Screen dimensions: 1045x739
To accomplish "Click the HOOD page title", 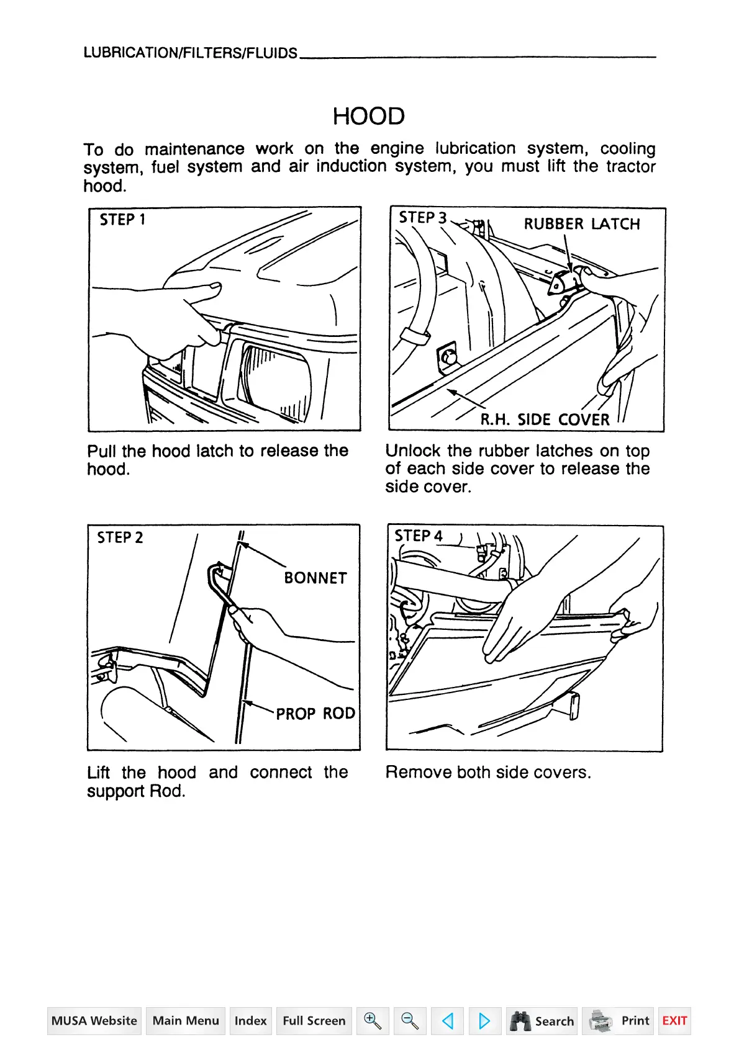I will (368, 116).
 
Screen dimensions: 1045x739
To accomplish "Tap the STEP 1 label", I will (122, 220).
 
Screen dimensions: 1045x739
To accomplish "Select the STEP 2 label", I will (120, 537).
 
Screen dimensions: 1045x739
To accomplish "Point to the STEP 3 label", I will (422, 218).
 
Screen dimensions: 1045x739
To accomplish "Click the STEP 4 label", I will (419, 536).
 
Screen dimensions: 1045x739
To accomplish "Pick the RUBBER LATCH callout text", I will (581, 224).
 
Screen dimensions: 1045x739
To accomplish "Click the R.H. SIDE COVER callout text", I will (545, 419).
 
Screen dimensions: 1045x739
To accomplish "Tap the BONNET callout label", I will (315, 578).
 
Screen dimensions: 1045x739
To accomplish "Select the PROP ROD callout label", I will (315, 714).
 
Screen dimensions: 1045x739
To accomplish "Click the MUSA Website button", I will (94, 1021).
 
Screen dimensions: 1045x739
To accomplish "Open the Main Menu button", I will (186, 1021).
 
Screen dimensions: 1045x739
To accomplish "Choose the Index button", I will (250, 1021).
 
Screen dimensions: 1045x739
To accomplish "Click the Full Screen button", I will (314, 1021).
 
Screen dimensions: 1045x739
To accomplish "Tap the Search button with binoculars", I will (542, 1021).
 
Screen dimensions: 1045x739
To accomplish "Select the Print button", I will (618, 1021).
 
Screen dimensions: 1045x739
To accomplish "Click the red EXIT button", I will (674, 1021).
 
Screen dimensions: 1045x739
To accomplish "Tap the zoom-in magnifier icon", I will (373, 1021).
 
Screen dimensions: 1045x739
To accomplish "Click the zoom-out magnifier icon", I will (410, 1021).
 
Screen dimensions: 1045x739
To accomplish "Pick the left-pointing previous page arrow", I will (447, 1021).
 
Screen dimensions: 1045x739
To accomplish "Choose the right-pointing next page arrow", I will (484, 1021).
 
